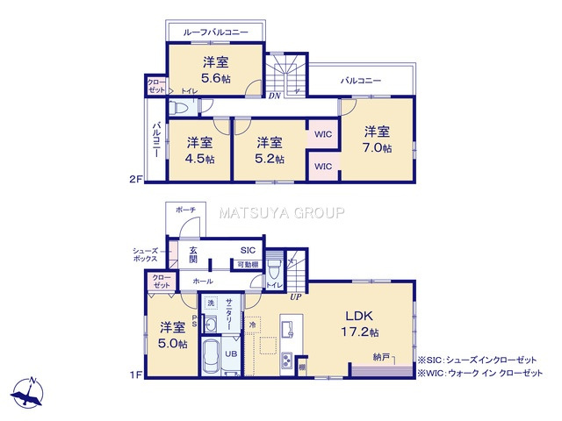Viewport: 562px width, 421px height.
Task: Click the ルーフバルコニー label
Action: [215, 32]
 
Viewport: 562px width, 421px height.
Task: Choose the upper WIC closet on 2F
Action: [322, 135]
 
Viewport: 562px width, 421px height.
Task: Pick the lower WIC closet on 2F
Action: [322, 166]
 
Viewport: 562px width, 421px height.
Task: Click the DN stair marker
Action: [275, 96]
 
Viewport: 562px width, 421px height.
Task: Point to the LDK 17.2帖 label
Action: [361, 325]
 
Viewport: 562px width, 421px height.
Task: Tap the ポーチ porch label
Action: [185, 210]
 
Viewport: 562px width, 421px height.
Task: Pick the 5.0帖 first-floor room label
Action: [173, 335]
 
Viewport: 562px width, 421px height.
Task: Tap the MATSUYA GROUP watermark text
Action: [281, 212]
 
